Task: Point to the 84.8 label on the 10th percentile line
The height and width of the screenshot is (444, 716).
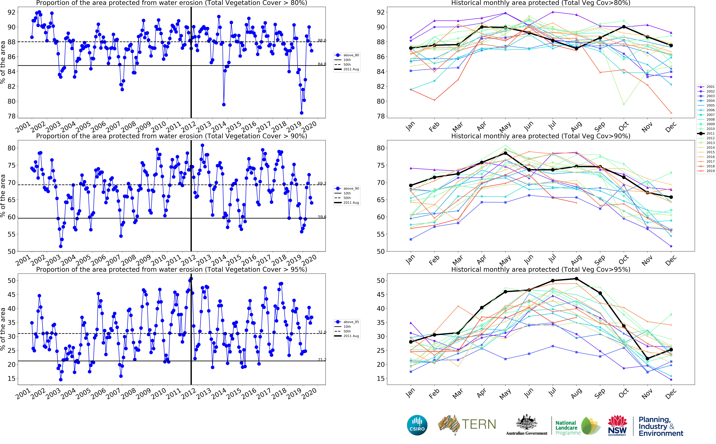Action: [x=322, y=64]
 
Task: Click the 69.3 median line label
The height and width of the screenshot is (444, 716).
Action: [x=322, y=183]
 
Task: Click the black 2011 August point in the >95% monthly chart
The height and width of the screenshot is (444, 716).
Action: [x=576, y=279]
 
